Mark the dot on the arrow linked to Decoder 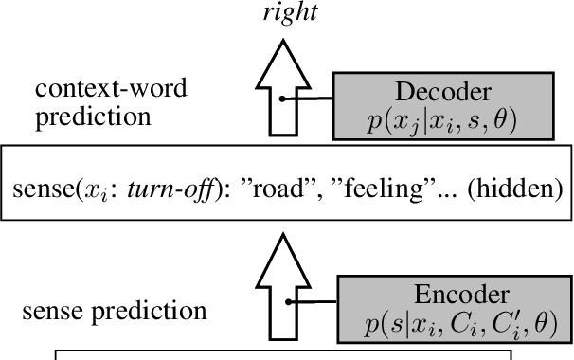[x=284, y=99]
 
